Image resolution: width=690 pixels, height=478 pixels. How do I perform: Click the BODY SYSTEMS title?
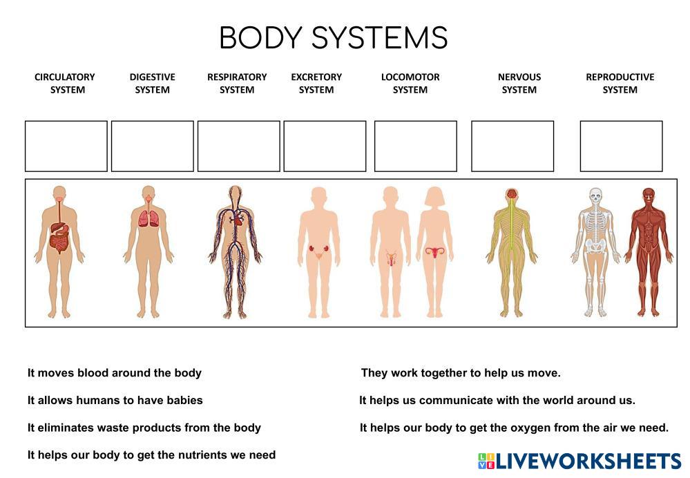pos(333,37)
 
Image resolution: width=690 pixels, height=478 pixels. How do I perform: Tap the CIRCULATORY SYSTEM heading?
pos(65,83)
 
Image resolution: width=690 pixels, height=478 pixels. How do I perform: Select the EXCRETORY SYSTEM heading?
pos(316,83)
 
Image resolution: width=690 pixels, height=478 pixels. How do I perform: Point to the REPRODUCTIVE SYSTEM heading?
pos(620,83)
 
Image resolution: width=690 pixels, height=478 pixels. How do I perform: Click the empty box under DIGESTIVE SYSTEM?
pos(152,146)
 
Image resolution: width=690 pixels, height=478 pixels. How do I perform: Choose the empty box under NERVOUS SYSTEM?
pos(512,146)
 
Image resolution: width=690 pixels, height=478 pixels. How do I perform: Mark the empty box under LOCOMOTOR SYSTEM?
pos(415,146)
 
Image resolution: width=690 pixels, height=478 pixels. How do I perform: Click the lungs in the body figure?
pos(148,218)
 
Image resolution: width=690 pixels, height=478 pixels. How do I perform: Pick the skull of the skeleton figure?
pos(595,195)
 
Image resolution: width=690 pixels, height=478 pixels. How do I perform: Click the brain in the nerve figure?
pos(511,193)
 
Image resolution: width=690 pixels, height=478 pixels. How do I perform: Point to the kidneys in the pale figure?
pos(319,249)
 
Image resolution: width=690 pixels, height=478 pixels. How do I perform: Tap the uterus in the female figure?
pos(434,253)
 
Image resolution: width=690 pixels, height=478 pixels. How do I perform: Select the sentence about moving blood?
pos(115,373)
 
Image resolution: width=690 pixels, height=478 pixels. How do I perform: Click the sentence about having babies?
pos(115,400)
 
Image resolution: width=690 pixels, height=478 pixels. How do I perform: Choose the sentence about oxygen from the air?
pos(514,428)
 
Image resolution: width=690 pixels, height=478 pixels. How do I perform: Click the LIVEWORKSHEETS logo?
pos(579,461)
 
